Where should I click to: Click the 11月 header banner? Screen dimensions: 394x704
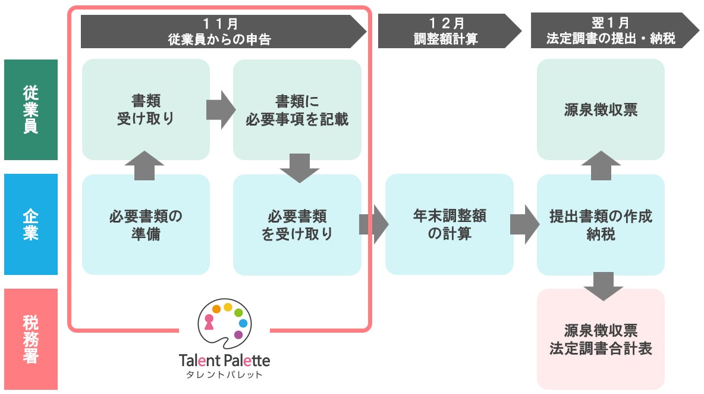tap(220, 32)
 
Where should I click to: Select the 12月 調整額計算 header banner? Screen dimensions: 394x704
tap(446, 32)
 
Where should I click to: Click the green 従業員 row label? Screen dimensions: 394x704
tap(31, 110)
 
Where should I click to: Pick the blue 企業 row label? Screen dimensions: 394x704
tap(31, 224)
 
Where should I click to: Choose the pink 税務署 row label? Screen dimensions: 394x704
tap(31, 339)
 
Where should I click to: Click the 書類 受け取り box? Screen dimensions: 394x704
tap(146, 110)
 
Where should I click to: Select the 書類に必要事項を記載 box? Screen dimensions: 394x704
tap(297, 110)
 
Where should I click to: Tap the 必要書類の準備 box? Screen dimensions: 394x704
tap(146, 224)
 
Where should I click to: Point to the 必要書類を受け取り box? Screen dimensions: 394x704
tap(297, 224)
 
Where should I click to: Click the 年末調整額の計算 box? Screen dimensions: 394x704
tap(449, 224)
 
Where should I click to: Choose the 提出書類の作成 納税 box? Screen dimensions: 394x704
tap(601, 224)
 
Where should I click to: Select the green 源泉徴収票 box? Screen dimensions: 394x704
tap(601, 110)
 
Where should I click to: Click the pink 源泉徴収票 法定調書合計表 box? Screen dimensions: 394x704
tap(601, 339)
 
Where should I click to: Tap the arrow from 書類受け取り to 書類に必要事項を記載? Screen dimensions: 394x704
tap(221, 110)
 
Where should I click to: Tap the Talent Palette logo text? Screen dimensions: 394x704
tap(224, 361)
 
